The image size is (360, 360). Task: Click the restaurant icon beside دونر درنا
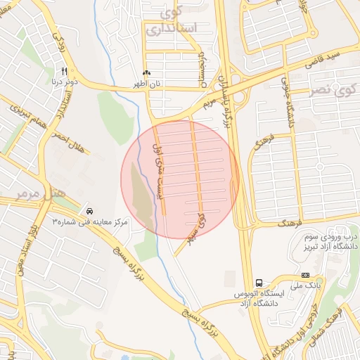pyautogui.click(x=64, y=71)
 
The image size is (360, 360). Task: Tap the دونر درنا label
pyautogui.click(x=64, y=81)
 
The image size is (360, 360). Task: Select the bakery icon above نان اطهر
pyautogui.click(x=146, y=73)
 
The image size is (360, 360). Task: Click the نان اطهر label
pyautogui.click(x=148, y=83)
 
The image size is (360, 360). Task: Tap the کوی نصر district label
pyautogui.click(x=335, y=91)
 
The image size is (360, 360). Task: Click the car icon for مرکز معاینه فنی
pyautogui.click(x=89, y=211)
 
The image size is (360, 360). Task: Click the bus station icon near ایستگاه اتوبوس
pyautogui.click(x=259, y=284)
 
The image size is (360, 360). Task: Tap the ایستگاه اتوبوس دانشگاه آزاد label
pyautogui.click(x=259, y=299)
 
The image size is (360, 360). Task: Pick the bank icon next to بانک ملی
pyautogui.click(x=305, y=276)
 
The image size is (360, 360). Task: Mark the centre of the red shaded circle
pyautogui.click(x=180, y=179)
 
